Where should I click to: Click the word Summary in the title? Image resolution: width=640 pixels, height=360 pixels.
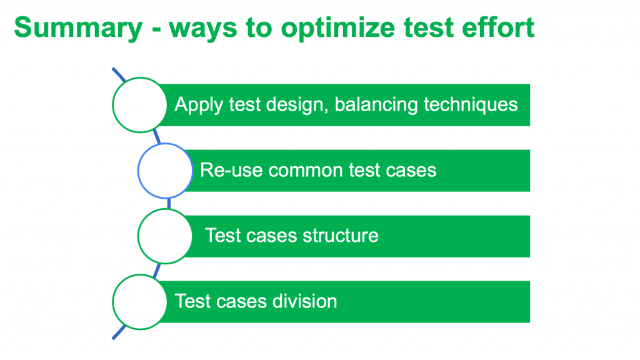(x=78, y=28)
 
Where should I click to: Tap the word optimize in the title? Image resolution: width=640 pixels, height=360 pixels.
(x=338, y=28)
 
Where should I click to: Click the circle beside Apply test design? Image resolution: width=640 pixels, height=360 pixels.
(x=139, y=105)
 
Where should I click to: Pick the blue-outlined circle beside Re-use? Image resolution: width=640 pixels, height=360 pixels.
(x=165, y=171)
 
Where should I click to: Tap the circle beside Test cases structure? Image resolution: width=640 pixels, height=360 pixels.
(x=165, y=236)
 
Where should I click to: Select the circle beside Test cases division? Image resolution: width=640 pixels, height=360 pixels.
(x=139, y=302)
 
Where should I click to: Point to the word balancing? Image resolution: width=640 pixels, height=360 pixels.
(x=376, y=105)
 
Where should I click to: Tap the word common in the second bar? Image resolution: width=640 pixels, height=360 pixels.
(x=306, y=170)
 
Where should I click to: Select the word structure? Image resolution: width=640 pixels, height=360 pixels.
(x=341, y=236)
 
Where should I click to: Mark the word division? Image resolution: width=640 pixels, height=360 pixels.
(x=305, y=301)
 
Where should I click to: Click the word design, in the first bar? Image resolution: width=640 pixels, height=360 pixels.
(x=297, y=105)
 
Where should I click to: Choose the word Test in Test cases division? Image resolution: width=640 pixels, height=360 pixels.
(x=192, y=301)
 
